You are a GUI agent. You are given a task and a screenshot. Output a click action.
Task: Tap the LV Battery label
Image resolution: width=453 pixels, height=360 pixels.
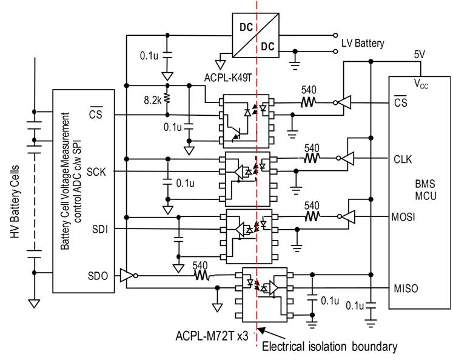[x=361, y=43]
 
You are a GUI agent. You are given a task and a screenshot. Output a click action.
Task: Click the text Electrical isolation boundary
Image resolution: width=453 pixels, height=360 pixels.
[x=329, y=347]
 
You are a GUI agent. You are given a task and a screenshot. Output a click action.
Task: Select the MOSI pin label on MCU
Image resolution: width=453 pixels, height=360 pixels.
[x=403, y=216]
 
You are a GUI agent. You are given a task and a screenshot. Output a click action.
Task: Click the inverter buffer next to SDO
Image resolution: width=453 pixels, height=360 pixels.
[x=127, y=276]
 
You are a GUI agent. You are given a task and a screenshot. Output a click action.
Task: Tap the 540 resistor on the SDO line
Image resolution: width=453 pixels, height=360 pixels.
[x=202, y=275]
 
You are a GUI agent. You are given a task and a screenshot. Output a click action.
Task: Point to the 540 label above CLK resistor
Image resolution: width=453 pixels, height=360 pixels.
[x=311, y=147]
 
